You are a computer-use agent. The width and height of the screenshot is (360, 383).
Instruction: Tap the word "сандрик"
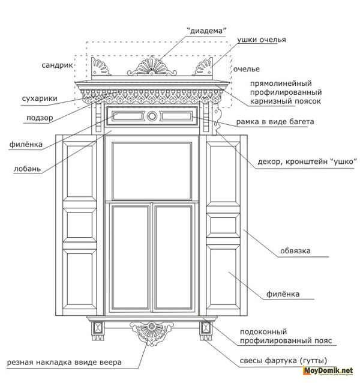(x=57, y=64)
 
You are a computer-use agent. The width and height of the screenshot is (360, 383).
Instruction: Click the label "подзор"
(x=40, y=118)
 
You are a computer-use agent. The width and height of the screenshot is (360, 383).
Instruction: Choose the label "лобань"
(x=27, y=169)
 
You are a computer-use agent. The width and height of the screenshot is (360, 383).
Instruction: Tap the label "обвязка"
(x=295, y=251)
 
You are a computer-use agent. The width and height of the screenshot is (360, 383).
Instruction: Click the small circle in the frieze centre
(x=152, y=116)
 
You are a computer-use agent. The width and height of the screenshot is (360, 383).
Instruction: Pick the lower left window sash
(x=129, y=258)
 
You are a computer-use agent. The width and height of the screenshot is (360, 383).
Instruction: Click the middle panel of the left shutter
(x=78, y=225)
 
